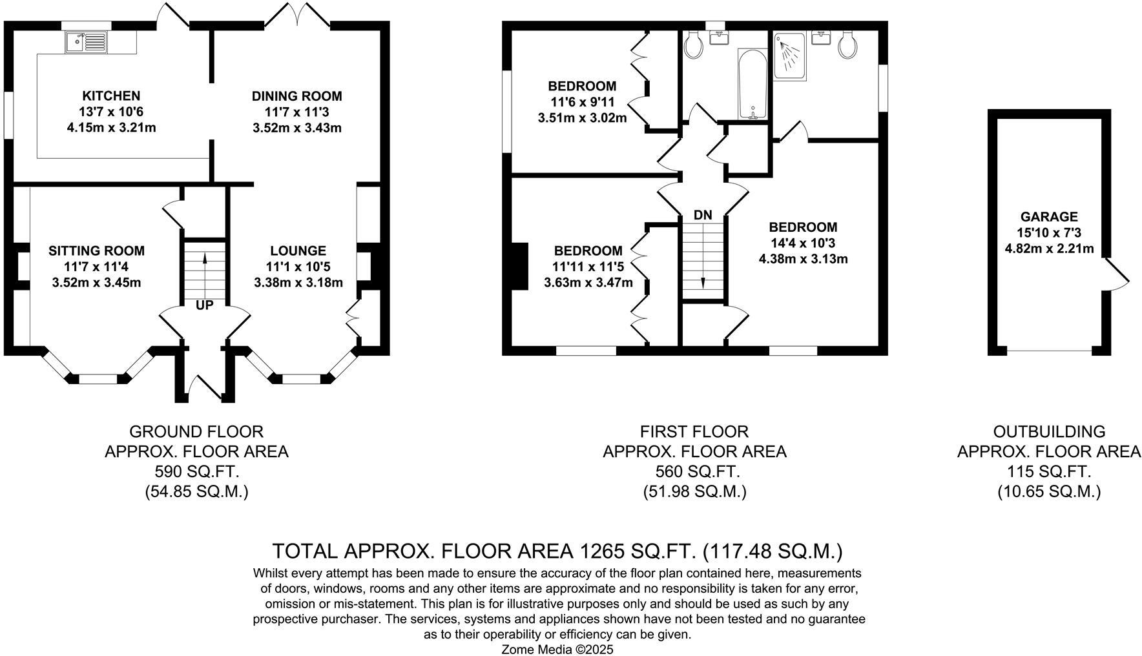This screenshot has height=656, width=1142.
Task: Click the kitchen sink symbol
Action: (87, 43)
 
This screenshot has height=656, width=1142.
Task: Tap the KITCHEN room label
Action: (111, 96)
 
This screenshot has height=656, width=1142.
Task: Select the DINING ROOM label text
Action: (296, 96)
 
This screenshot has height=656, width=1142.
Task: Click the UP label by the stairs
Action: (204, 305)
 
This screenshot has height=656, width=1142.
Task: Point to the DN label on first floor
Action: (703, 215)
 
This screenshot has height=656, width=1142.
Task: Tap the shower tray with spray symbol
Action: (789, 57)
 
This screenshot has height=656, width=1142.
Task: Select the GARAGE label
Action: (1049, 217)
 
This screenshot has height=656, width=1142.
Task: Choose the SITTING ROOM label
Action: (96, 251)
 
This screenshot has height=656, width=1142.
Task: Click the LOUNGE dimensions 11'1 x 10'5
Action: (298, 267)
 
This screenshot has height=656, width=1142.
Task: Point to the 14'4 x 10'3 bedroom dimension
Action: (803, 243)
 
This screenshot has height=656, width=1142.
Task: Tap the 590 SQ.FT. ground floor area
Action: (196, 471)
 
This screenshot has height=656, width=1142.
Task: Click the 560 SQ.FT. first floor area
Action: (694, 471)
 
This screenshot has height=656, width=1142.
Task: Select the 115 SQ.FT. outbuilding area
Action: (1049, 471)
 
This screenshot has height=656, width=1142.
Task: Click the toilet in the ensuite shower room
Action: (847, 46)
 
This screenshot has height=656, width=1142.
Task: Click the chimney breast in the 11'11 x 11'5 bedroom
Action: (521, 265)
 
